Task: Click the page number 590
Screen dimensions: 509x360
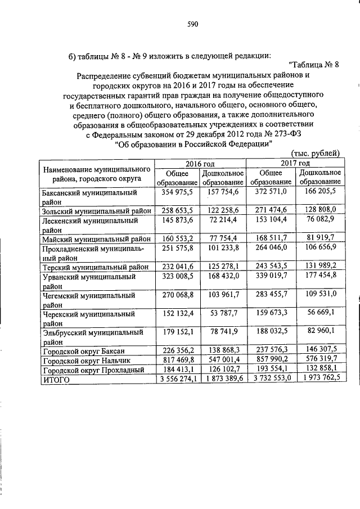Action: pos(192,24)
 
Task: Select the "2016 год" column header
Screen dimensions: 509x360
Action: pos(201,162)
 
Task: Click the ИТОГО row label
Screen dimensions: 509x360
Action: pos(56,379)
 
